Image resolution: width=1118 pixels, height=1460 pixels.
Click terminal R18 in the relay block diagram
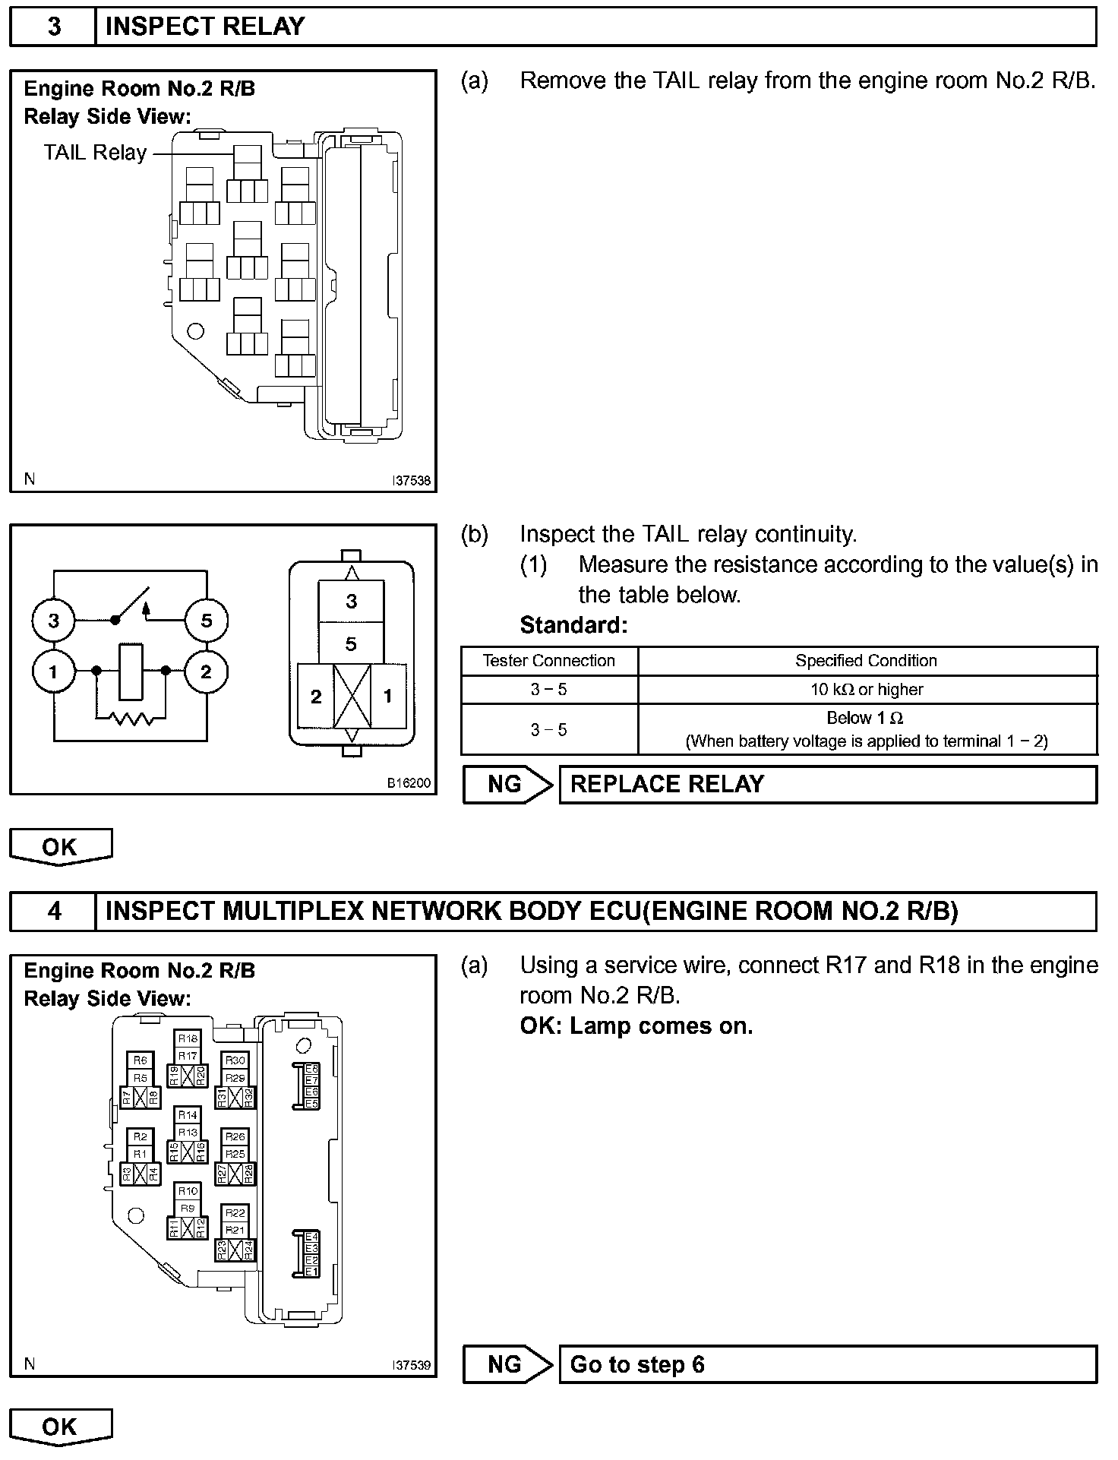point(188,1038)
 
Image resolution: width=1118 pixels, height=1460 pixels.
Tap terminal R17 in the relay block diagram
point(188,1056)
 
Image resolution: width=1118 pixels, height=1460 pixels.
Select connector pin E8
point(311,1069)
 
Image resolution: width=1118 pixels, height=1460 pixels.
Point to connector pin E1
point(311,1272)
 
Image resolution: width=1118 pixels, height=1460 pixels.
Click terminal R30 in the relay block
point(235,1060)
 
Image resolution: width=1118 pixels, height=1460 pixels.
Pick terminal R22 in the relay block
point(235,1213)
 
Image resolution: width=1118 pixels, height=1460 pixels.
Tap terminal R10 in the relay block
point(188,1191)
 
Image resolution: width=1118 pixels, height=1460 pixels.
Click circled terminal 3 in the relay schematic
point(53,621)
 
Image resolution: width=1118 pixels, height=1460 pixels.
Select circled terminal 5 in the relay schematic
point(207,621)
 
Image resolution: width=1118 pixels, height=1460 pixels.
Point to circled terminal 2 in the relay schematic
point(206,672)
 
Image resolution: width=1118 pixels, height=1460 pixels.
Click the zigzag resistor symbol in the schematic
point(131,716)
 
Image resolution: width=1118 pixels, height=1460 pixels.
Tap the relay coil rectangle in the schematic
point(131,672)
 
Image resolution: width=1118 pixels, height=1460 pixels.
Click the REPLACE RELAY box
point(827,784)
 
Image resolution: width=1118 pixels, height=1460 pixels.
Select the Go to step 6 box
point(827,1364)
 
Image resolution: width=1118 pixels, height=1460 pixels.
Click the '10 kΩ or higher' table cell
point(867,690)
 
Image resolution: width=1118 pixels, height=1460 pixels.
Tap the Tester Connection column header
point(548,661)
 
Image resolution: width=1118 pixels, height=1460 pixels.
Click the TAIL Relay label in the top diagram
point(95,153)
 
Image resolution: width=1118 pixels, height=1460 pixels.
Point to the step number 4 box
point(54,911)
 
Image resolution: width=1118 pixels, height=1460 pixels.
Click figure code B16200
point(409,783)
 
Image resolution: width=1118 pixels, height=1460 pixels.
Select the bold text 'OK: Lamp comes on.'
point(636,1026)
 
